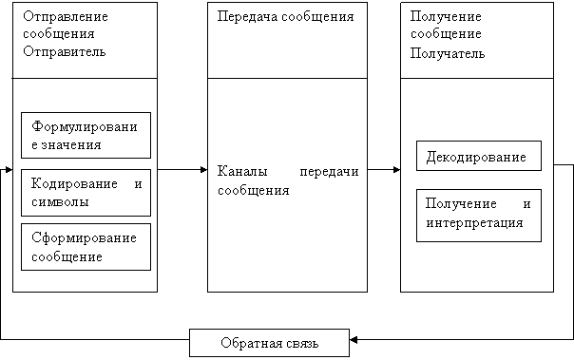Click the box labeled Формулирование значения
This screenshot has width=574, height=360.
(86, 135)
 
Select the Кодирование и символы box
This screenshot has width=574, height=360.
(86, 192)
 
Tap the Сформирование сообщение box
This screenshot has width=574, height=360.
(86, 246)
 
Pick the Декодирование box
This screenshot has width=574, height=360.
(477, 155)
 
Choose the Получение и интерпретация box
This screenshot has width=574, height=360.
(477, 215)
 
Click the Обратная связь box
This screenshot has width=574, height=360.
(269, 342)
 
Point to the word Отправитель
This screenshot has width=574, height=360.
(64, 53)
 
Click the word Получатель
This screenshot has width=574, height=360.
(448, 53)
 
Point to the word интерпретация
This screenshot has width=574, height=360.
(473, 223)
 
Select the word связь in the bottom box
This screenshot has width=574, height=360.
(299, 342)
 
